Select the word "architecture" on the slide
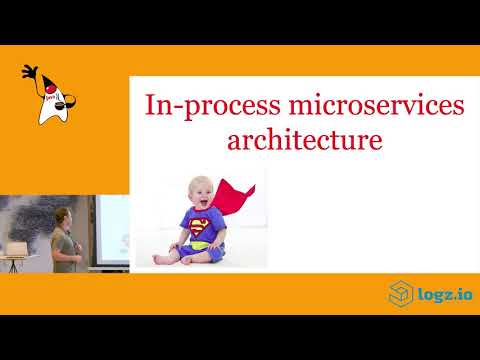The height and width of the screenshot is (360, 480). pos(305,138)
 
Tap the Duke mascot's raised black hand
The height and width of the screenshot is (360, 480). pos(30,73)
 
